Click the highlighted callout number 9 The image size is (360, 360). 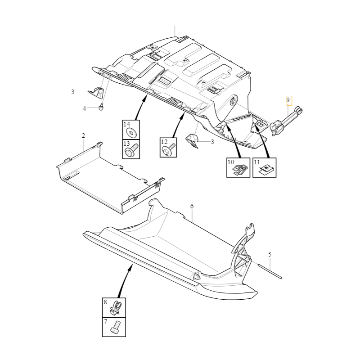(x=288, y=100)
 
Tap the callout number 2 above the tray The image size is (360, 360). (x=83, y=135)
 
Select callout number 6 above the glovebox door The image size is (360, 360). (x=192, y=206)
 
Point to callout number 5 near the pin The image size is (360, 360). (x=270, y=254)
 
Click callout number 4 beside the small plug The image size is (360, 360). (x=84, y=108)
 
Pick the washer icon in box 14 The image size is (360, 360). (x=132, y=132)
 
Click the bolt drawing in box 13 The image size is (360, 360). (x=131, y=150)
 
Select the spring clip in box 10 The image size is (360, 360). (x=240, y=170)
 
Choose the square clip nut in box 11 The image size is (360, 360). (x=266, y=170)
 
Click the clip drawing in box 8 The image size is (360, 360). (x=116, y=308)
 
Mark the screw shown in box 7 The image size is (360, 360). (x=116, y=327)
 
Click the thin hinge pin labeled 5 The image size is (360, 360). (x=270, y=272)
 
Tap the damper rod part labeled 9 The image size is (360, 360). (x=287, y=121)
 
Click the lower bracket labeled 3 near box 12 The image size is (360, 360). (x=192, y=140)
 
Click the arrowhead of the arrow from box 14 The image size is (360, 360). (x=145, y=99)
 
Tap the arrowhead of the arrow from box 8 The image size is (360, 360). (x=131, y=266)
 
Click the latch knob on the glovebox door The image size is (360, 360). (x=197, y=276)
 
